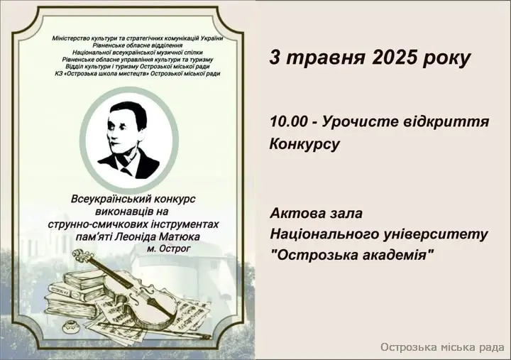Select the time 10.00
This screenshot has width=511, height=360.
tap(288, 122)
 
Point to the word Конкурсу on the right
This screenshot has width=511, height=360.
tap(304, 144)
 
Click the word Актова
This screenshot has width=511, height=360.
tap(295, 214)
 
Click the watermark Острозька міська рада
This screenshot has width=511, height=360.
tap(442, 347)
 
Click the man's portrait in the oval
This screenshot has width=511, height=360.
tap(128, 140)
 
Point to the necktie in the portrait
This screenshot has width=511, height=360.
tap(127, 172)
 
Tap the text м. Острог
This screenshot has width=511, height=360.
tap(168, 249)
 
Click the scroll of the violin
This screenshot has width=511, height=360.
tap(79, 253)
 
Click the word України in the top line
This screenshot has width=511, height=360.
tap(211, 38)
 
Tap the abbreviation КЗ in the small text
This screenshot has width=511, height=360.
tap(58, 74)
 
